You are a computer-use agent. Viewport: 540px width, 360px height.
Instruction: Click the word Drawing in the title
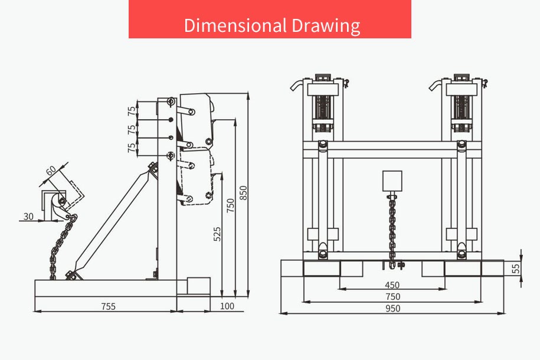[x=326, y=26]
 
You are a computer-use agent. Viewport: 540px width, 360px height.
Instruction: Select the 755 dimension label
[x=109, y=306]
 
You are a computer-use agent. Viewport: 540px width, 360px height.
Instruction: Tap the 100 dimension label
[x=227, y=306]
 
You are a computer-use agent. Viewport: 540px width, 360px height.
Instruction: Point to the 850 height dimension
[x=243, y=193]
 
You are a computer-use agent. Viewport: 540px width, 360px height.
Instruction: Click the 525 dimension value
[x=217, y=234]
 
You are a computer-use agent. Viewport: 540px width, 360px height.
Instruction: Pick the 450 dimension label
[x=392, y=285]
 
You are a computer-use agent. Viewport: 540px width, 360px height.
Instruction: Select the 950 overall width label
[x=392, y=308]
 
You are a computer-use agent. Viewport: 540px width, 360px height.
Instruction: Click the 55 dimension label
[x=516, y=269]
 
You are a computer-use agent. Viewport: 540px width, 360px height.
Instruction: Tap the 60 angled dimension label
[x=51, y=170]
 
